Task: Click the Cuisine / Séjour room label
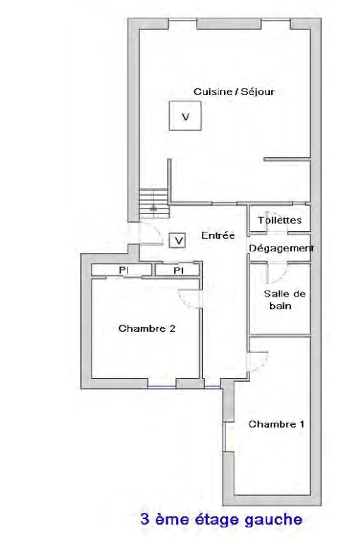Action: coord(234,92)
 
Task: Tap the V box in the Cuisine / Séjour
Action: coord(185,116)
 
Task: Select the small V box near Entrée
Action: coord(178,240)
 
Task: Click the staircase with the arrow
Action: coord(154,203)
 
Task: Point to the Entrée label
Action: coord(218,235)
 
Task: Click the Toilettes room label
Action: coord(280,220)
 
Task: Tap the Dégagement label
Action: coord(282,248)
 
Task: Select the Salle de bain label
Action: coord(285,300)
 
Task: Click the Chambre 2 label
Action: coord(147,328)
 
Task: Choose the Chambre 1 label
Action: coord(276,424)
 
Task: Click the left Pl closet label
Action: coord(123,270)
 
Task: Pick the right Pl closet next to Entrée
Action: coord(178,270)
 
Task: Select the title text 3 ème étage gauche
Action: coord(221,520)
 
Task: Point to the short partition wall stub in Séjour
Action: coord(287,159)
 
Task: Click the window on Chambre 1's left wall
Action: coord(224,437)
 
